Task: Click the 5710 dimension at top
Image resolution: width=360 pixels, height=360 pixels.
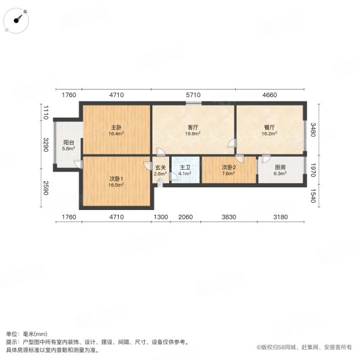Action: (x=193, y=95)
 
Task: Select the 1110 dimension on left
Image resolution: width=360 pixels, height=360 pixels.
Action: (x=45, y=110)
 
